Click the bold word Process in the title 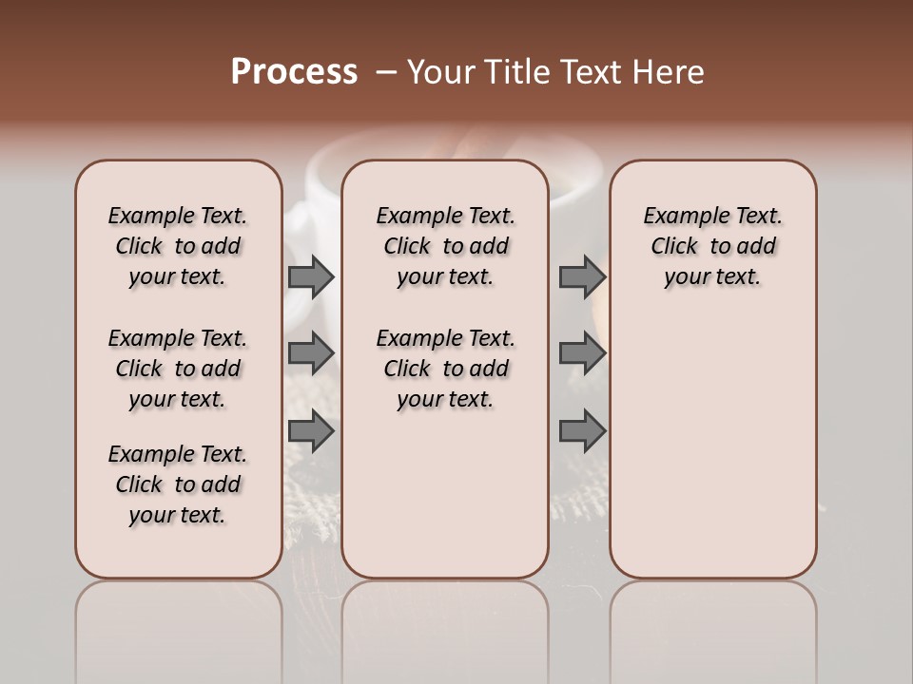tap(294, 72)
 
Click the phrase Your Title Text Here tap(555, 72)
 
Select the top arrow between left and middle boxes tap(310, 276)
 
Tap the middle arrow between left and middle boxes tap(310, 352)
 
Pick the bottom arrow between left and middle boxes tap(310, 432)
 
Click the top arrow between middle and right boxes tap(582, 276)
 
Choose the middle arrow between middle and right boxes tap(582, 352)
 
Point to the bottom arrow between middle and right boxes tap(582, 432)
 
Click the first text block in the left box tap(178, 246)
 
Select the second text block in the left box tap(178, 369)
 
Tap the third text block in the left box tap(178, 484)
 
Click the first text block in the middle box tap(445, 246)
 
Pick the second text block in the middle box tap(445, 369)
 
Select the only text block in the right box tap(712, 246)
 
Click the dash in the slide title tap(386, 72)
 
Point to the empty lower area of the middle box tap(445, 494)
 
